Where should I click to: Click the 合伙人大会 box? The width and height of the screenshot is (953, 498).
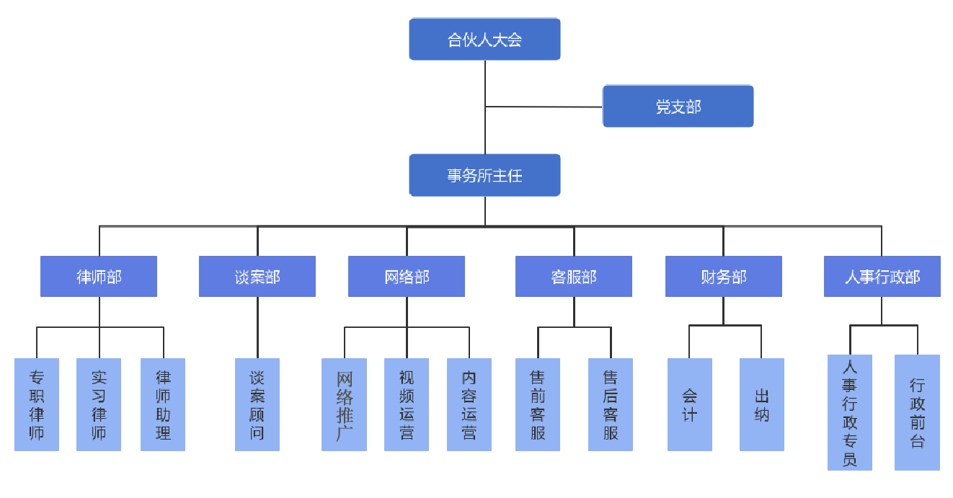click(x=484, y=40)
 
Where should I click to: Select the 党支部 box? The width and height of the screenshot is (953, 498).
click(x=678, y=107)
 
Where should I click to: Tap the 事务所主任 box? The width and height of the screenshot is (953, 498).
click(x=484, y=175)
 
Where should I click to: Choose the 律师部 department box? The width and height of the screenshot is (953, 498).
click(x=99, y=277)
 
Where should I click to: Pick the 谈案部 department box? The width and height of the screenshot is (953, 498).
click(x=257, y=277)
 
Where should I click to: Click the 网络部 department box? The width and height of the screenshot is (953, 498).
click(x=407, y=277)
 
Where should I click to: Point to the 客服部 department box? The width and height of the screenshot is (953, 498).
click(x=574, y=277)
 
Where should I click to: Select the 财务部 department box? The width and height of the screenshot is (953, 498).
click(x=724, y=277)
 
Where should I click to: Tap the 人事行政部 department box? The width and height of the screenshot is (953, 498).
click(x=882, y=277)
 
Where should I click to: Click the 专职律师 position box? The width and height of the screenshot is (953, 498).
click(x=37, y=404)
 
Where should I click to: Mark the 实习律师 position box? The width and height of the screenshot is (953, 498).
click(x=99, y=404)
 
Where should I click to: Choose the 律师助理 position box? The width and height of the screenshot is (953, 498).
click(x=163, y=404)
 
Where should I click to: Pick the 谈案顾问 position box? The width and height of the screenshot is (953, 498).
click(x=257, y=404)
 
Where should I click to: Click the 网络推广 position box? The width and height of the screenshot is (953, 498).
click(x=345, y=404)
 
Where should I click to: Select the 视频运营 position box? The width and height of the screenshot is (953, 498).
click(x=407, y=404)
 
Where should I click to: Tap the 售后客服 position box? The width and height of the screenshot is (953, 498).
click(x=611, y=404)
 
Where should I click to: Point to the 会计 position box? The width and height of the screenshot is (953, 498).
click(x=690, y=404)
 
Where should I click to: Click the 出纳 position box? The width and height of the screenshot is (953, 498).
click(x=762, y=404)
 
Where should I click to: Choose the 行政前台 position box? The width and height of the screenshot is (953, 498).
click(x=917, y=412)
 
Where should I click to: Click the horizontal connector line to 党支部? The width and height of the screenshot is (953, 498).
click(x=544, y=107)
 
